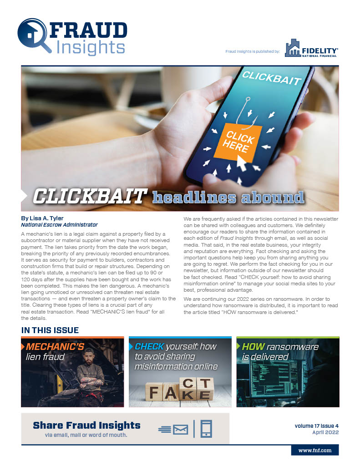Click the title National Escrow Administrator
[x=59, y=225]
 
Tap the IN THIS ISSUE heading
[x=50, y=330]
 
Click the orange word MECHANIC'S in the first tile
[x=55, y=347]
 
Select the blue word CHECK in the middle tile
[x=149, y=346]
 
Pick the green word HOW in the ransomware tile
[x=253, y=347]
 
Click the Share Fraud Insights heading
[x=86, y=425]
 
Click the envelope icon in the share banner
[x=180, y=429]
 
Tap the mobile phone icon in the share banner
[x=206, y=429]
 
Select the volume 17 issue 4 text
[x=317, y=426]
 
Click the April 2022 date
[x=325, y=432]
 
